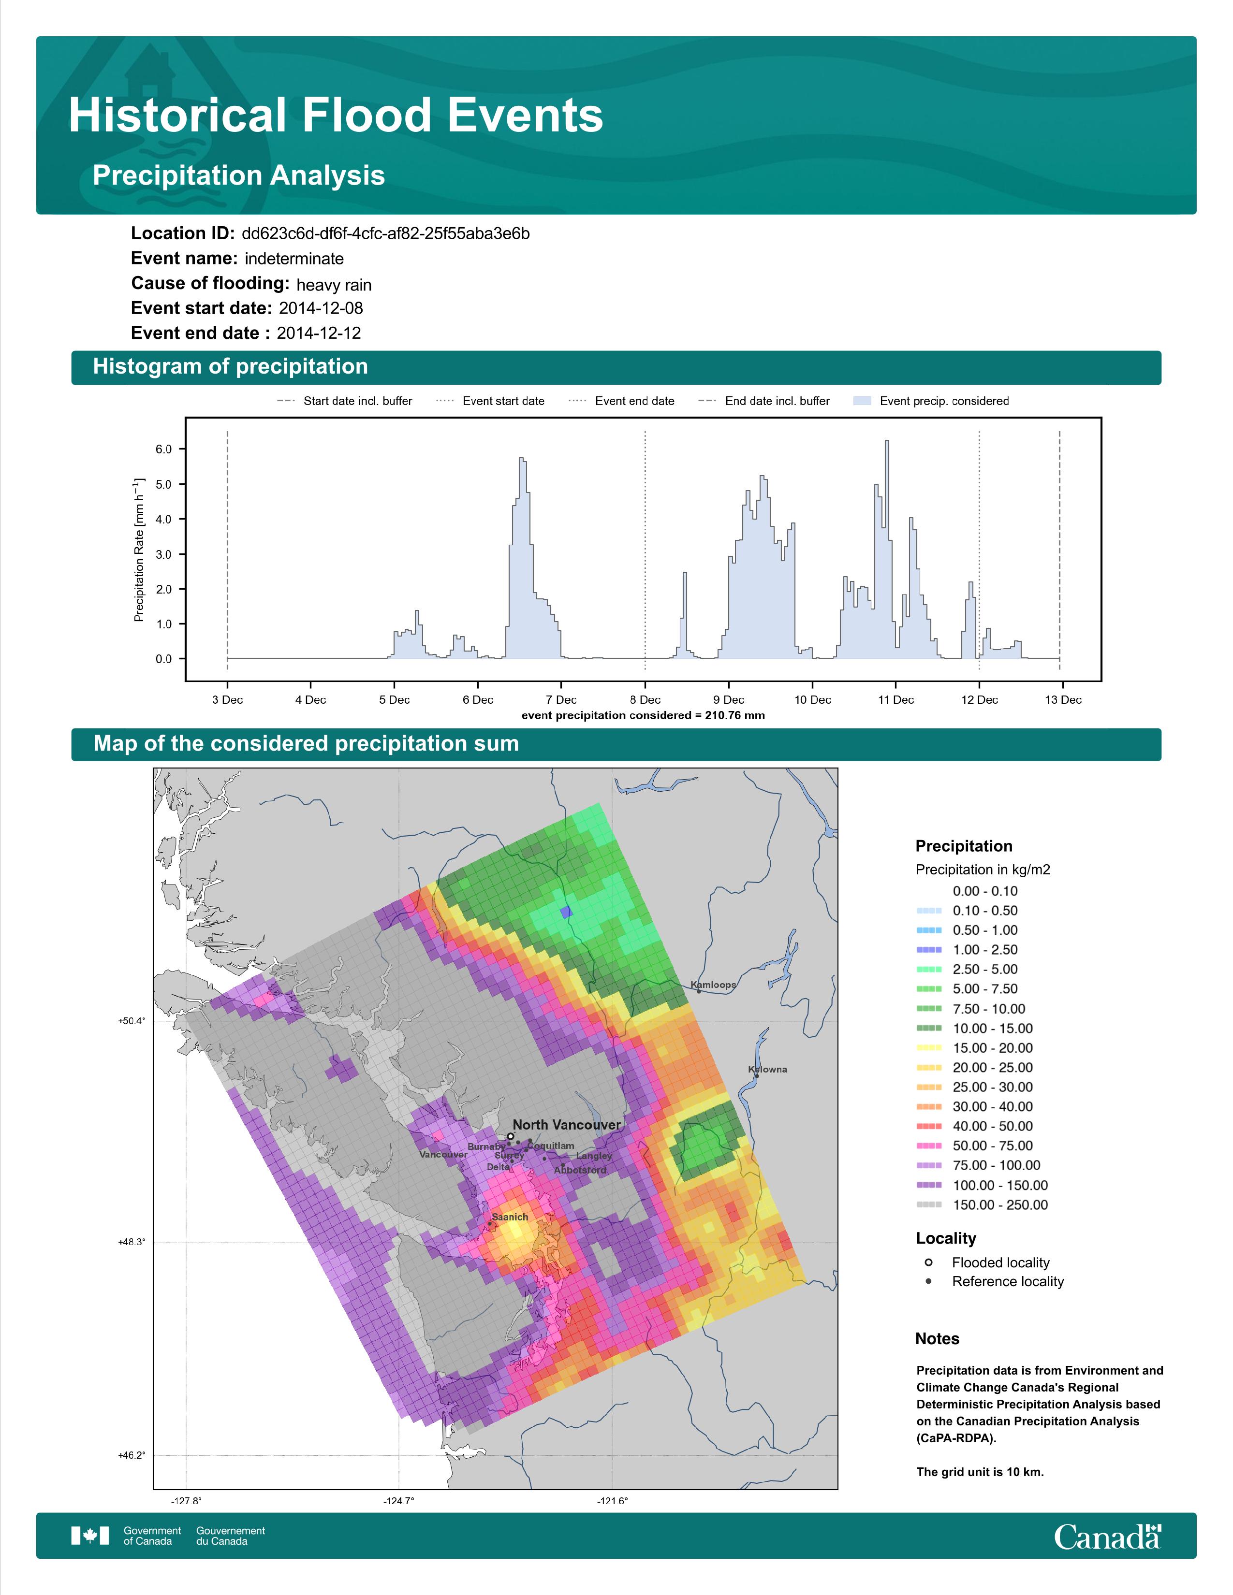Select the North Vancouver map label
[x=566, y=1125]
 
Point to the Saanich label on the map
[x=510, y=1217]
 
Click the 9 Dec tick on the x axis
[x=728, y=700]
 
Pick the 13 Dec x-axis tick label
[x=1063, y=700]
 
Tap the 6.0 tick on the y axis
[x=163, y=449]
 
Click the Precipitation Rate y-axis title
[x=139, y=550]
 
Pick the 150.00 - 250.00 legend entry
[x=999, y=1205]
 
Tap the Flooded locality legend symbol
[x=928, y=1262]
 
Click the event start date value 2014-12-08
[x=321, y=308]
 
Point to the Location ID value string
[x=386, y=234]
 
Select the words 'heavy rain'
[x=334, y=285]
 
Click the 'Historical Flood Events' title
[x=336, y=116]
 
